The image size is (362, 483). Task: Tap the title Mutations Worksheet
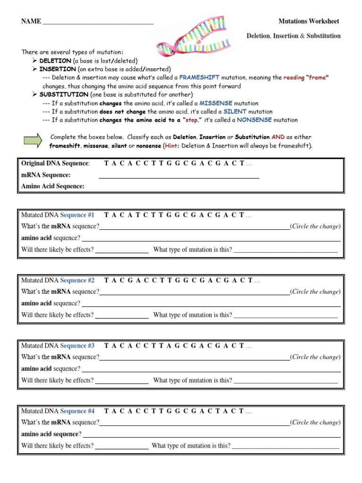tap(309, 21)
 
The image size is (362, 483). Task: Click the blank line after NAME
tap(98, 22)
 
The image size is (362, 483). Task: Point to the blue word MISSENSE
tap(216, 103)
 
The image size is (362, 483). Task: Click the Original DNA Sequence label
tap(55, 163)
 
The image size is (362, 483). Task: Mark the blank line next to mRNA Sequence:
tap(179, 177)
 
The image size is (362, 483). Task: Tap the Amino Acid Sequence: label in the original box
tap(53, 186)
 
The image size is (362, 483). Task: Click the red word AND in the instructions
tap(278, 137)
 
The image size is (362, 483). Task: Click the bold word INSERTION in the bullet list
tap(58, 69)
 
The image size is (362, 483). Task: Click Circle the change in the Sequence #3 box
tap(315, 357)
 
